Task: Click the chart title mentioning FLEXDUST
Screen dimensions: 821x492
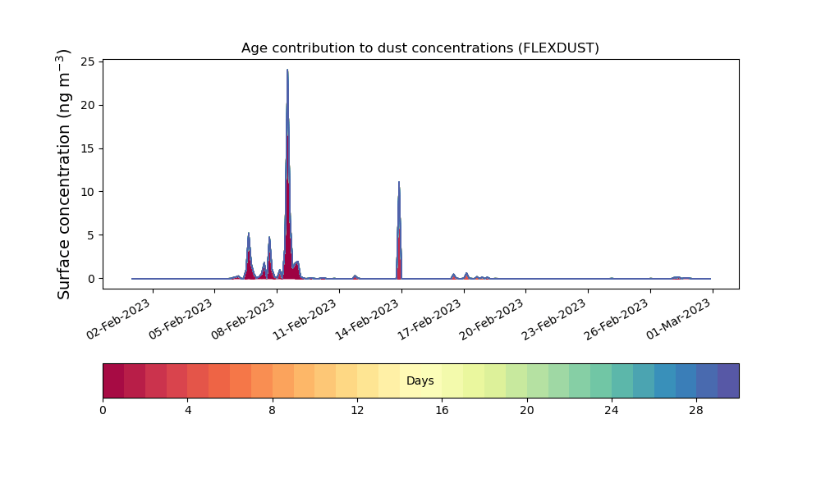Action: click(x=420, y=48)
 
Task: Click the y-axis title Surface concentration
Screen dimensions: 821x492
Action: click(x=63, y=175)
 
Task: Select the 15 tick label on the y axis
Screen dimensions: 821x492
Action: click(x=88, y=148)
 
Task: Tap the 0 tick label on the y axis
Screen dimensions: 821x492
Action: click(x=92, y=279)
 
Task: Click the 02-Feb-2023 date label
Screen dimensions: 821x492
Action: click(x=119, y=319)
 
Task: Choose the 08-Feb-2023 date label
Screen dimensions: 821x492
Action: click(x=244, y=319)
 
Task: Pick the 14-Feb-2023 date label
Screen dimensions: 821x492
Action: click(x=368, y=319)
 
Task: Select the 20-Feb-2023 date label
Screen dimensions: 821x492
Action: click(x=492, y=319)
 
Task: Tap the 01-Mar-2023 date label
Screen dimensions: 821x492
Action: click(x=679, y=319)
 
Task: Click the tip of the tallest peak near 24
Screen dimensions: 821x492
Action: click(x=287, y=70)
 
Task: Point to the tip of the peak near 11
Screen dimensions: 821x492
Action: click(x=399, y=182)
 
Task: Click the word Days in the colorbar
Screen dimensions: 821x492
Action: click(x=420, y=380)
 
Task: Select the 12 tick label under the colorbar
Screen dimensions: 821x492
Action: click(x=357, y=411)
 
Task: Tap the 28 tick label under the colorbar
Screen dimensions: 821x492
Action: click(x=696, y=411)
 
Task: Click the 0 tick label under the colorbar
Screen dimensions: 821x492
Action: click(x=103, y=411)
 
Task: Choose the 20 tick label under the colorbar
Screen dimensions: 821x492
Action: click(x=527, y=411)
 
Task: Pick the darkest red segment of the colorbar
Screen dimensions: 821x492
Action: click(x=113, y=380)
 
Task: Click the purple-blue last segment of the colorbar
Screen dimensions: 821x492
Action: click(x=728, y=380)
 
